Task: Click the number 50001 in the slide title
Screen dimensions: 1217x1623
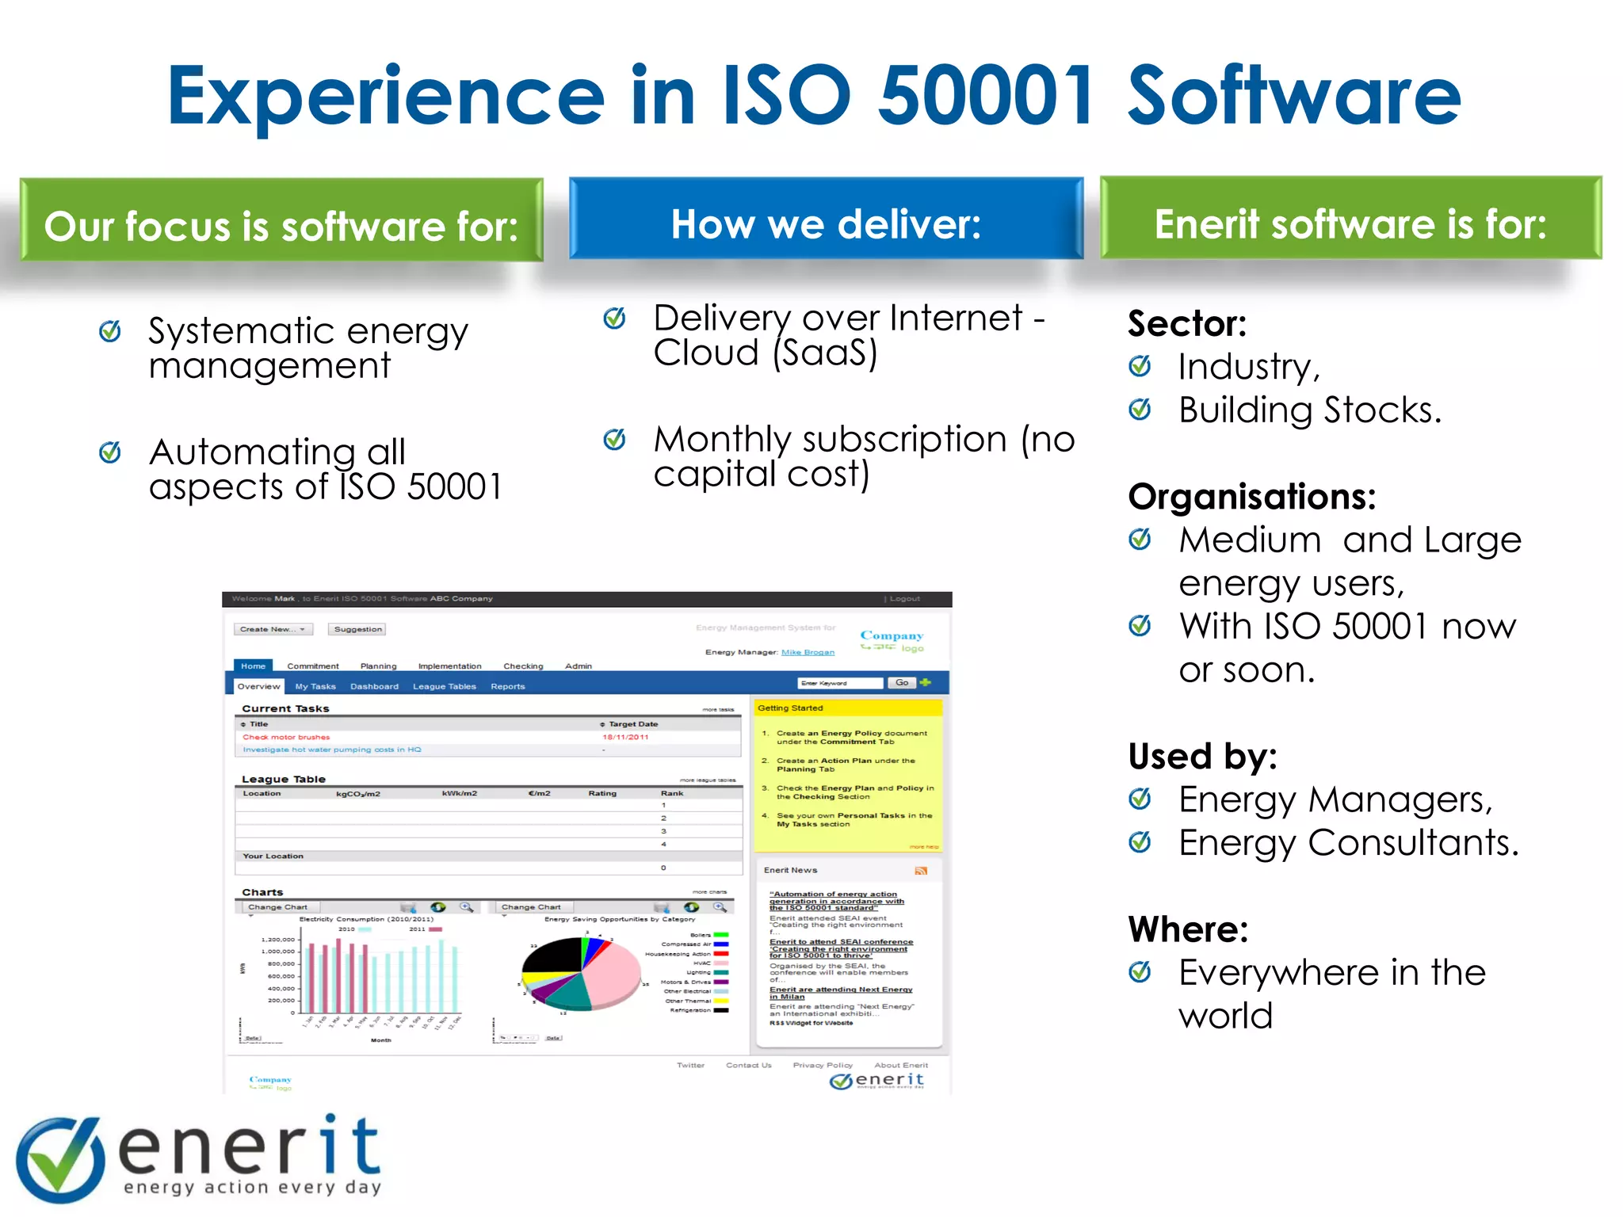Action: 985,97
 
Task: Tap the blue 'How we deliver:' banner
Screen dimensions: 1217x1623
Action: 826,223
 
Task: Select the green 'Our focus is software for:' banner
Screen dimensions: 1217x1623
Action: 281,226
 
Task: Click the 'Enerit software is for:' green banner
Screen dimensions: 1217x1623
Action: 1350,223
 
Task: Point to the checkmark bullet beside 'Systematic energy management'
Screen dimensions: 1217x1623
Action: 110,331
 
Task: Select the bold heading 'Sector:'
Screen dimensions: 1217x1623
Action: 1186,323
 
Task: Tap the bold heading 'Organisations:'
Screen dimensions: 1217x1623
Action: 1252,497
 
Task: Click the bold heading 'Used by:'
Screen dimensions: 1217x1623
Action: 1202,756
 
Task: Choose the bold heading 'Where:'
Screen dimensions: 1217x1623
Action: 1188,929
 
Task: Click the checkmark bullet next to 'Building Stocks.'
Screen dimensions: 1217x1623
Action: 1140,410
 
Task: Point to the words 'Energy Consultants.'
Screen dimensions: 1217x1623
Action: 1348,843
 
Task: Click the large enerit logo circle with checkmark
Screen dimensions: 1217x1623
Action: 60,1159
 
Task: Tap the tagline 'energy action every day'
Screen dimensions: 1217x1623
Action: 252,1187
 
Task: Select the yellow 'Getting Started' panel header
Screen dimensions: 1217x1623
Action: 847,708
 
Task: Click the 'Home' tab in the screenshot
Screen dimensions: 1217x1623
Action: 253,666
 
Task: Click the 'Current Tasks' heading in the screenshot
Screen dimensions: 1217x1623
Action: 285,708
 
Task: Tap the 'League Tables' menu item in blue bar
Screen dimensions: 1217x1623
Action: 444,687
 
